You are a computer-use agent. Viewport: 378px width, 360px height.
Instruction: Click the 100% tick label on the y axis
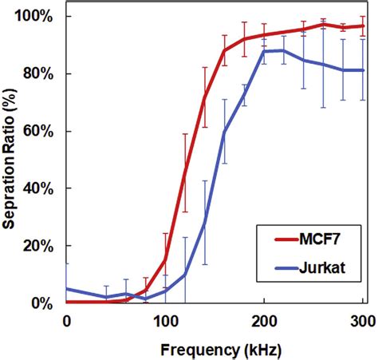coord(37,17)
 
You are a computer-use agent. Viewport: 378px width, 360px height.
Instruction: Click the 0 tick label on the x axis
coord(66,320)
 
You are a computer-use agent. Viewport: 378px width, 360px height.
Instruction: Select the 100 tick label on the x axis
coord(165,320)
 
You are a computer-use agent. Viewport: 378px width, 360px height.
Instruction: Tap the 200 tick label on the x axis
coord(264,320)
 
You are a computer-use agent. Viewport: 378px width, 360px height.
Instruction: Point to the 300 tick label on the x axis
coord(362,320)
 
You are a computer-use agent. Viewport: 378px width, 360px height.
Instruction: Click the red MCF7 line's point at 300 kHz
coord(363,26)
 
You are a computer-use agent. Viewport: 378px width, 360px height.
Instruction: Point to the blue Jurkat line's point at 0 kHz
coord(67,289)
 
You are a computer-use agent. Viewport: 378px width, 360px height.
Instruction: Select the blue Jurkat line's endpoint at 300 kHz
coord(363,70)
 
